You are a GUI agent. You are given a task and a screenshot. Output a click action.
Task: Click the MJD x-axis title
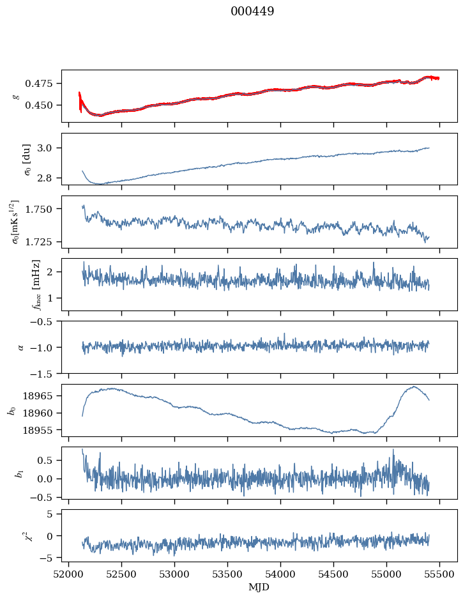tap(259, 586)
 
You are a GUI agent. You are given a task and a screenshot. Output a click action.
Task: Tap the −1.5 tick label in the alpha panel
tap(44, 373)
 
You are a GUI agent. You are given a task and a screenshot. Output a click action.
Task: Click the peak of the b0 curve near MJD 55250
tap(413, 387)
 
